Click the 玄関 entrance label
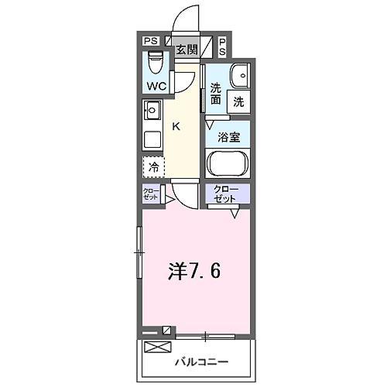[x=186, y=50]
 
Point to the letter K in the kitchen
[x=176, y=126]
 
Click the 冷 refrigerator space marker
[x=153, y=166]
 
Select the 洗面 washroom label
[x=215, y=94]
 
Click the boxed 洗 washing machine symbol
[x=239, y=101]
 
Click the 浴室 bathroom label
[x=228, y=137]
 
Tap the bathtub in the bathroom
[x=228, y=165]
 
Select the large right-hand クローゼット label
[x=228, y=194]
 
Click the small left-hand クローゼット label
[x=150, y=194]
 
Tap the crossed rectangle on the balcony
[x=156, y=346]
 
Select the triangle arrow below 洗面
[x=209, y=123]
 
